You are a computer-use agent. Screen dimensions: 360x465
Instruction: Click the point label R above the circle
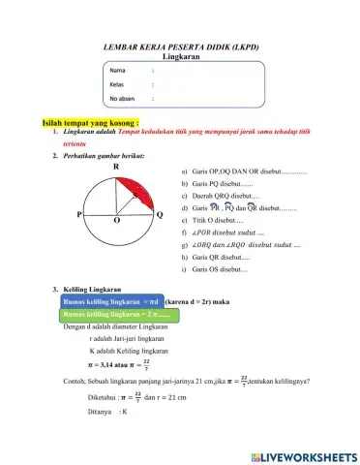point(116,167)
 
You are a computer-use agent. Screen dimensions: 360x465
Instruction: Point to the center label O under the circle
point(116,221)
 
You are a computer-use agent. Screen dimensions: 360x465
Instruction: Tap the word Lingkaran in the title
point(181,57)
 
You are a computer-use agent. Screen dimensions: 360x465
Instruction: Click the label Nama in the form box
point(117,72)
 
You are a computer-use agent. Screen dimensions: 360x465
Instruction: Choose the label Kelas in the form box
point(118,85)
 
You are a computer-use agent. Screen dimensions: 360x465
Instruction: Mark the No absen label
point(123,99)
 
